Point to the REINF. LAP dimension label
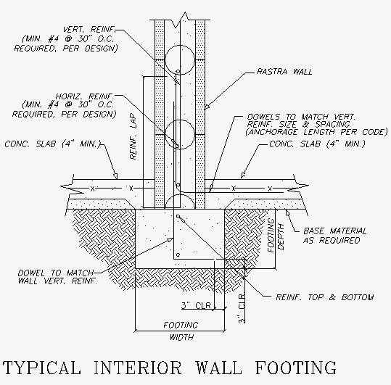click(x=133, y=133)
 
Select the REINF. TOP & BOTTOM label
click(x=324, y=297)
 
